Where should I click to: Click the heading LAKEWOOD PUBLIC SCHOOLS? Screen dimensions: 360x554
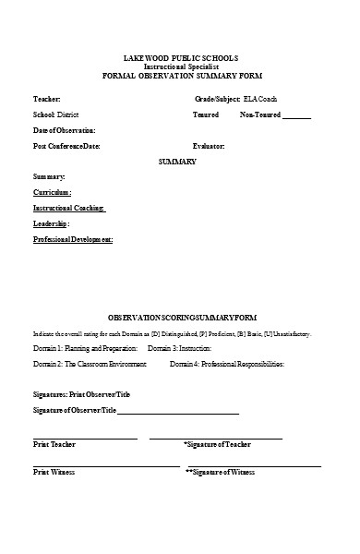point(179,57)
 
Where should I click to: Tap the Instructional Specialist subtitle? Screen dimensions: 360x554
point(179,66)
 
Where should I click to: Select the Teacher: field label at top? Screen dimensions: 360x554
point(47,98)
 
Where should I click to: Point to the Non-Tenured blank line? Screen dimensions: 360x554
point(296,115)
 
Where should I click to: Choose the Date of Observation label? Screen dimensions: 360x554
point(64,130)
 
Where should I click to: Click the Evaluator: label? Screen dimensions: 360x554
point(208,146)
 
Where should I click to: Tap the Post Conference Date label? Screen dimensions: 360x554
point(66,146)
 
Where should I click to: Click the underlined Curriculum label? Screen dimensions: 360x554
point(52,192)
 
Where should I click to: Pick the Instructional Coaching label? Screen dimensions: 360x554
point(69,208)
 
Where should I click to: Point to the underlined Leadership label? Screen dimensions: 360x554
point(51,223)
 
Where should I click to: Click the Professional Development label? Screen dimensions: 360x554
point(73,239)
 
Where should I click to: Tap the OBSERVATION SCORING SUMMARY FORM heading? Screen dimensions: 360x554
point(179,317)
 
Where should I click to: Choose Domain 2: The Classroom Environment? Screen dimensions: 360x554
point(90,365)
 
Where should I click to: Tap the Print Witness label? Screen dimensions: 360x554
point(54,472)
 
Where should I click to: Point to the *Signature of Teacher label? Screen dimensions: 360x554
point(217,444)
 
